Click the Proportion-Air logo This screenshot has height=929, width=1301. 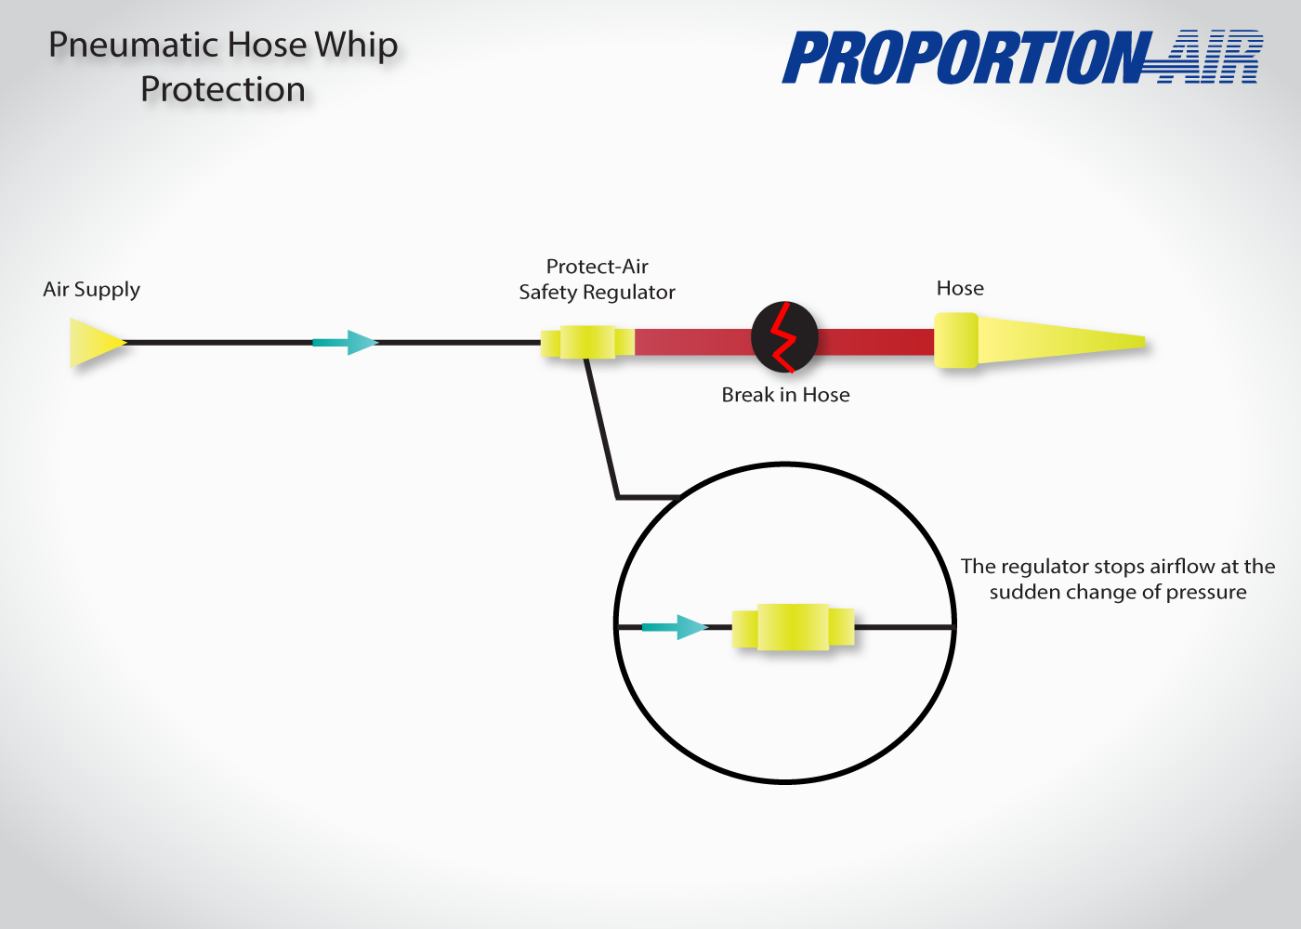coord(1022,57)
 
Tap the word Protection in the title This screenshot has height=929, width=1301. coord(223,89)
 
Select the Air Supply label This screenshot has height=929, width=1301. coord(91,289)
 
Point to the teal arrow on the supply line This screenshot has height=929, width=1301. coord(346,343)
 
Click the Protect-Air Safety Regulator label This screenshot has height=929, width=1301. coord(597,280)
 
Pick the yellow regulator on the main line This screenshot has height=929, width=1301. coord(587,342)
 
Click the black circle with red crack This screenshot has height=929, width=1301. coord(784,336)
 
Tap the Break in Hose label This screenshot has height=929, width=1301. coord(785,395)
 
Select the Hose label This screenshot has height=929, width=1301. coord(960,288)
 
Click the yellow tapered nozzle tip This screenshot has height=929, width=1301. coord(1061,341)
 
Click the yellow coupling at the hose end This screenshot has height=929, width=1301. coord(956,340)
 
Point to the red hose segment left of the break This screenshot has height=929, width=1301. coord(693,342)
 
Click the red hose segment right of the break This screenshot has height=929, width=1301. coord(875,342)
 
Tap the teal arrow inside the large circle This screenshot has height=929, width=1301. coord(675,627)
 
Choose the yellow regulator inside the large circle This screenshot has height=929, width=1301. coord(793,627)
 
